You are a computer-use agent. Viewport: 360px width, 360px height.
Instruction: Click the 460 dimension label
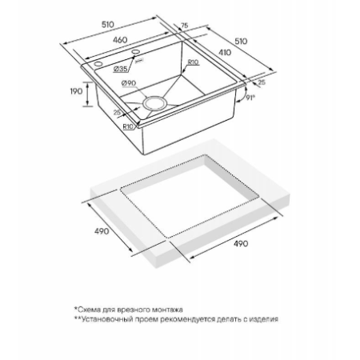[x=120, y=40]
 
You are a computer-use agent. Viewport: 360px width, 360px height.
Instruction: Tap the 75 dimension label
[x=185, y=26]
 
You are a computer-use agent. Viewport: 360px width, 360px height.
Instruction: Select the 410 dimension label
[x=225, y=53]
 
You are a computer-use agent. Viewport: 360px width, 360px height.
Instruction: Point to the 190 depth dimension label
[x=76, y=91]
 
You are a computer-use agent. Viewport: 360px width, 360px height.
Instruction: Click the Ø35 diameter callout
[x=120, y=69]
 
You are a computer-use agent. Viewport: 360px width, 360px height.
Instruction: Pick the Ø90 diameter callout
[x=129, y=83]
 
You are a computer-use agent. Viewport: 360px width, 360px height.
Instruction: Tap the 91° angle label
[x=250, y=98]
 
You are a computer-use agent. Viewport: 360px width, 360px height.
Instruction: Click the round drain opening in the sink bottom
[x=154, y=103]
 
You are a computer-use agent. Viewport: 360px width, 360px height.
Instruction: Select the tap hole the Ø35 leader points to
[x=136, y=51]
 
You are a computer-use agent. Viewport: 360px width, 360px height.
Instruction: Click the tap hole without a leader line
[x=98, y=64]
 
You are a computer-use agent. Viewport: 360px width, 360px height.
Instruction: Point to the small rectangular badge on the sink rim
[x=139, y=61]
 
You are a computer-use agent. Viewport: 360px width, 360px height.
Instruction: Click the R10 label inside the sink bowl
[x=193, y=62]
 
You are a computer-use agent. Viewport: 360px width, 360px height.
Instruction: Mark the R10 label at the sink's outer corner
[x=128, y=127]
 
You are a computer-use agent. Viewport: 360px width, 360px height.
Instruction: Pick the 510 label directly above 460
[x=108, y=25]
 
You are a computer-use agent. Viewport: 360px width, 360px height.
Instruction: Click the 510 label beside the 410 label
[x=241, y=42]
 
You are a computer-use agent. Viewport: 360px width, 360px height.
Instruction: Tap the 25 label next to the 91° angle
[x=262, y=82]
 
